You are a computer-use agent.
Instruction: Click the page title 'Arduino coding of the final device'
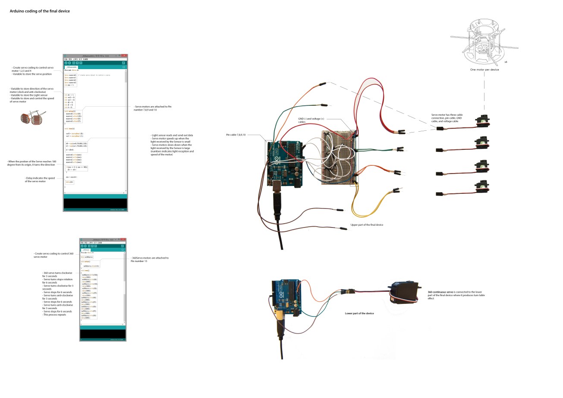point(40,11)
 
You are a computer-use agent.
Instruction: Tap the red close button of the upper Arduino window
point(124,56)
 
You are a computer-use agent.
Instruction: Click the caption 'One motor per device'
point(484,69)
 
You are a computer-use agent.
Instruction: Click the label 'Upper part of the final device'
point(367,225)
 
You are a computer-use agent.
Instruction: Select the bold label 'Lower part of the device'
point(359,313)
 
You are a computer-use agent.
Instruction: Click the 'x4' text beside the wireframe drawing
point(506,62)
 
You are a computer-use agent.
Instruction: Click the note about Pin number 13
point(149,259)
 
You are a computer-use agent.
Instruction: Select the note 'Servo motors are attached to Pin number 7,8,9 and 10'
point(153,108)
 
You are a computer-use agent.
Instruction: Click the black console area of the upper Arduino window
point(95,203)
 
